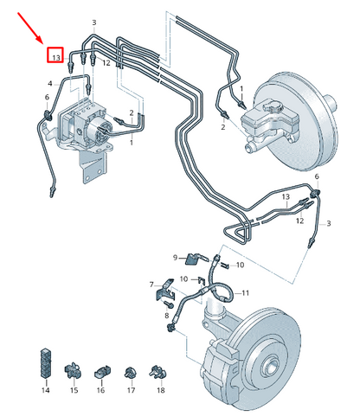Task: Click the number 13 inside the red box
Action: pos(55,56)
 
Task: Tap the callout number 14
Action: pos(46,392)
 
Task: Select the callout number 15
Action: pos(74,392)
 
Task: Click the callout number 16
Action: pos(100,392)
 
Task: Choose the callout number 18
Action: pos(159,392)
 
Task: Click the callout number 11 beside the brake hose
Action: pos(245,292)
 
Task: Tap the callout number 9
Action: pos(175,257)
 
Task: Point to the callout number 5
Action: pos(46,99)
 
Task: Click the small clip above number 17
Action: pos(130,372)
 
